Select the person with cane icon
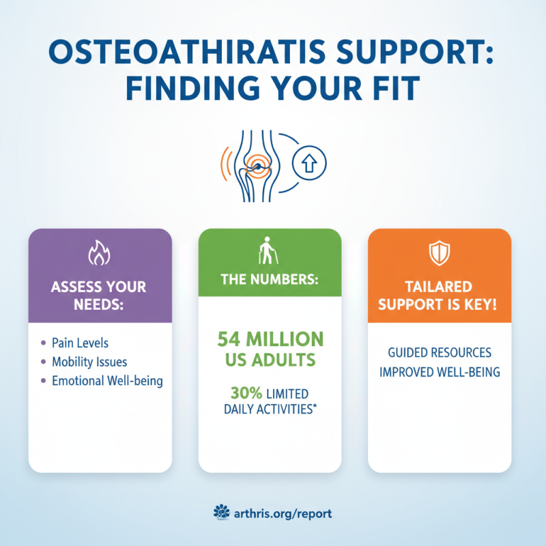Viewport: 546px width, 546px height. pos(269,250)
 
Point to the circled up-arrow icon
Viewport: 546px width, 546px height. pos(308,162)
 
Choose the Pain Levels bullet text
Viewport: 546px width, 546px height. pos(80,342)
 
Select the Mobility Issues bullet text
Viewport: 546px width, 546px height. pos(89,361)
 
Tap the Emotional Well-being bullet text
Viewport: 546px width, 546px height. pos(107,381)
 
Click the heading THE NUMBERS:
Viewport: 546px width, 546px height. pos(270,281)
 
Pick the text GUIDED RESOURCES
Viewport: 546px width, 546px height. pos(439,354)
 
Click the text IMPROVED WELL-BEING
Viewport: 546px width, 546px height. pos(439,373)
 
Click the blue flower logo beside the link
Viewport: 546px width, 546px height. pos(220,512)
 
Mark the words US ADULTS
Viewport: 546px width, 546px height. pos(270,360)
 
